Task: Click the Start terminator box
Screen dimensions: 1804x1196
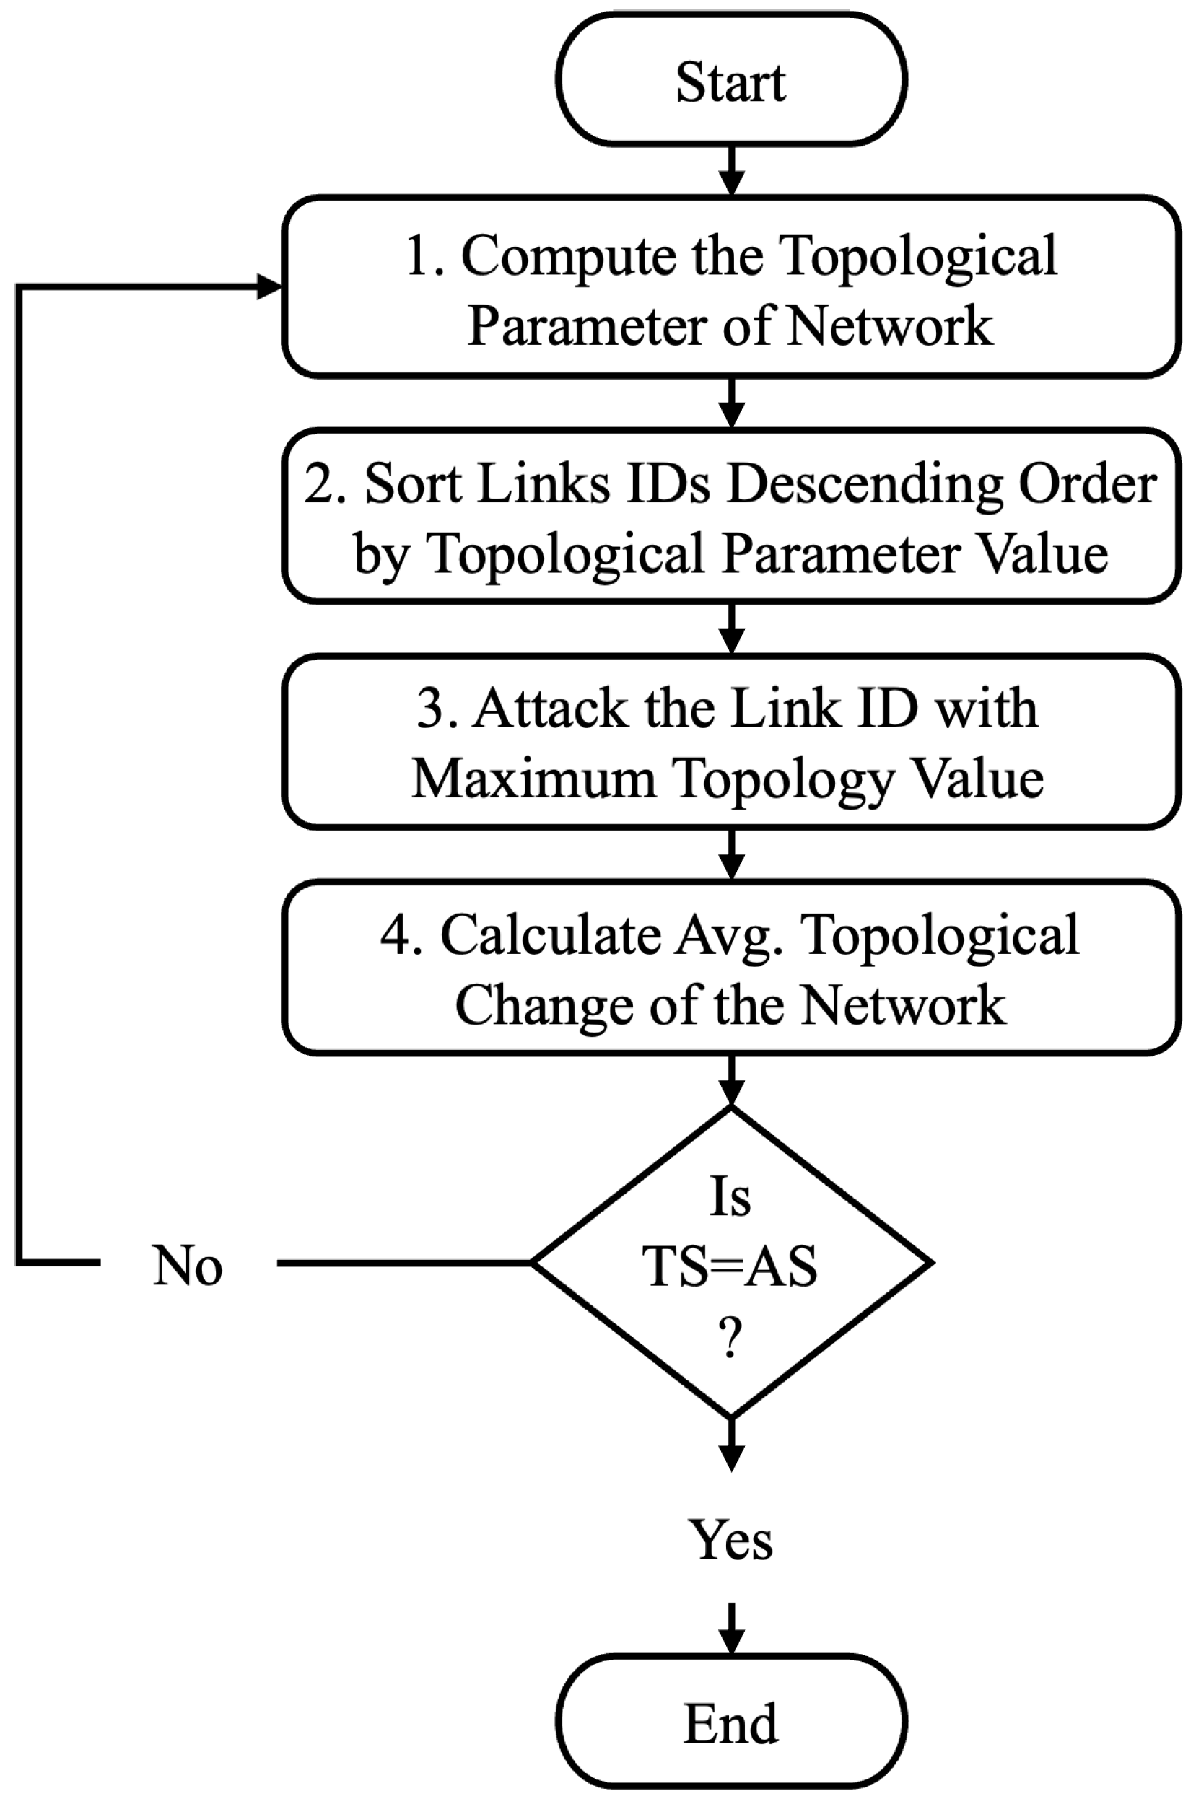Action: pos(730,79)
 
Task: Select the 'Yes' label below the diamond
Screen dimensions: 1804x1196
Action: pos(730,1539)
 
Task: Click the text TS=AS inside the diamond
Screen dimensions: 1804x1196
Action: pos(730,1266)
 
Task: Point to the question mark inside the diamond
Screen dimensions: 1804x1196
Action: pos(730,1336)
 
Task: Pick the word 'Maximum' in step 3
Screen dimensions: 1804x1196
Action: pos(534,779)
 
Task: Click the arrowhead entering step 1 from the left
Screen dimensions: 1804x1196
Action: pos(269,286)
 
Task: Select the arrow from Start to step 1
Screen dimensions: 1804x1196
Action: pos(730,171)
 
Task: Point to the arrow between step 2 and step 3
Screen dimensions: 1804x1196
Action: pos(730,629)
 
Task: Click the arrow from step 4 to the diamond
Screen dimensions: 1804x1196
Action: pos(730,1081)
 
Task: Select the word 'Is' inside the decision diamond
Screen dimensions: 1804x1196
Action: pos(730,1197)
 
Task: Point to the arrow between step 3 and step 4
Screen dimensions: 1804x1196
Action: pos(730,854)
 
